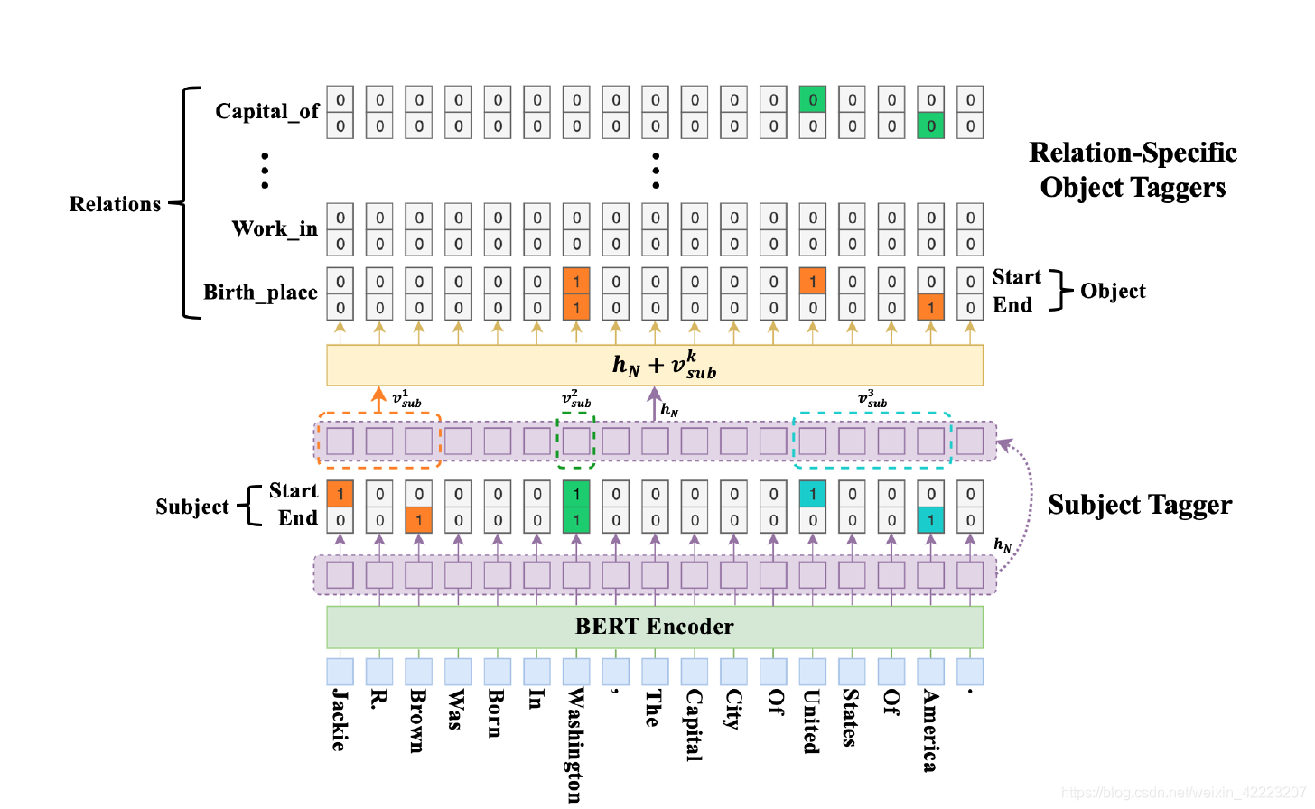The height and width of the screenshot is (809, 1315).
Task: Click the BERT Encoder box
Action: (x=655, y=627)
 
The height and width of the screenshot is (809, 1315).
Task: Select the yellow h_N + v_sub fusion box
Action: (x=655, y=365)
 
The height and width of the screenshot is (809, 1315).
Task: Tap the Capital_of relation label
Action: (x=267, y=111)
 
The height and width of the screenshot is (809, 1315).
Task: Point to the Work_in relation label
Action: (x=275, y=228)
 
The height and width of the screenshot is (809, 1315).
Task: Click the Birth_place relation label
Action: (x=260, y=293)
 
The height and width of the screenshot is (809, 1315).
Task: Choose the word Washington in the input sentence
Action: (x=575, y=745)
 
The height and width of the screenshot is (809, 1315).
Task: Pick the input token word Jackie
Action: (x=340, y=720)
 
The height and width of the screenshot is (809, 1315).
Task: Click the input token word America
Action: (x=930, y=730)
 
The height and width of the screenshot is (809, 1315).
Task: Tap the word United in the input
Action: (x=812, y=721)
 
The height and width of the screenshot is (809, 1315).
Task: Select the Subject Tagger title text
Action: (x=1140, y=505)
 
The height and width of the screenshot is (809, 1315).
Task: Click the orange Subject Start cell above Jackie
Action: (x=340, y=494)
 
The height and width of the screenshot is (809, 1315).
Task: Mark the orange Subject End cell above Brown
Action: (x=418, y=520)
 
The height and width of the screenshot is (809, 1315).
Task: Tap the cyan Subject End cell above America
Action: (x=930, y=520)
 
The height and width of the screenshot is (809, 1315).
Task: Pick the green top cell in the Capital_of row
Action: (x=813, y=99)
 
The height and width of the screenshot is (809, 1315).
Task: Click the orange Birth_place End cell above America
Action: (x=930, y=307)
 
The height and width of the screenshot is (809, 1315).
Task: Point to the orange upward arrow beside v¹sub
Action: (x=378, y=400)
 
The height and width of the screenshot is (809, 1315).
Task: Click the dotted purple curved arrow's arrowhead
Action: (x=1005, y=445)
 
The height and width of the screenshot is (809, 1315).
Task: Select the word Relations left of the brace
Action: (x=115, y=204)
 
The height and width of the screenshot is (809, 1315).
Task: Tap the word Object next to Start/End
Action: (x=1113, y=291)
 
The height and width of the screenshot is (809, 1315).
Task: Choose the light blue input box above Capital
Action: (x=694, y=672)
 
